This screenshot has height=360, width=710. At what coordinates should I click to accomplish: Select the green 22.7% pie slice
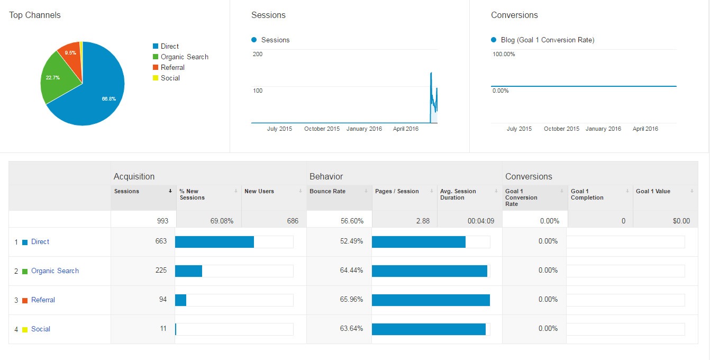[x=56, y=79]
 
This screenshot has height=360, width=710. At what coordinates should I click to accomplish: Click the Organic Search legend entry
[x=184, y=57]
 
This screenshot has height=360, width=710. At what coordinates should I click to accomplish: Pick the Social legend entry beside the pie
[x=170, y=78]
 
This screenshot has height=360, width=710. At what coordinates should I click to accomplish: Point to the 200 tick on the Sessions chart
[x=258, y=54]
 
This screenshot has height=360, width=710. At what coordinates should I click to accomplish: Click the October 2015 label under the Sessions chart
[x=322, y=129]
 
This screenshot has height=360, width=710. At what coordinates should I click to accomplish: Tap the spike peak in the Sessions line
[x=431, y=73]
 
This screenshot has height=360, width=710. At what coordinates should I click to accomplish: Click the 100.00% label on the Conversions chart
[x=503, y=54]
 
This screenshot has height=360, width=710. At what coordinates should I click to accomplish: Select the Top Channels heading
[x=35, y=15]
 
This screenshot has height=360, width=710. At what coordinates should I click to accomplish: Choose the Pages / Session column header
[x=397, y=191]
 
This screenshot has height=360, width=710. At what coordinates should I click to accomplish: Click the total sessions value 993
[x=162, y=221]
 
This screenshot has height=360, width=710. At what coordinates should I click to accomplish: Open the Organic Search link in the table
[x=54, y=271]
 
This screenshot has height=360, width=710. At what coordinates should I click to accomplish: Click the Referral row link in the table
[x=43, y=300]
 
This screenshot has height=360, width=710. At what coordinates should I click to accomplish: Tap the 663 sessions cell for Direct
[x=161, y=241]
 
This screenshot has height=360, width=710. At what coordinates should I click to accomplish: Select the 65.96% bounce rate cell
[x=351, y=299]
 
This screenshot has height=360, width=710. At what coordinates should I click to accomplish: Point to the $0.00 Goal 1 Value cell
[x=681, y=221]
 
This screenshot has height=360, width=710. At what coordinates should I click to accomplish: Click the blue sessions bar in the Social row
[x=176, y=329]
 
